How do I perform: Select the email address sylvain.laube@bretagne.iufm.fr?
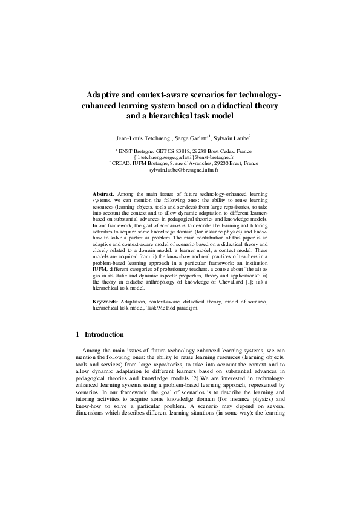(x=180, y=171)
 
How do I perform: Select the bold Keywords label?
(x=105, y=300)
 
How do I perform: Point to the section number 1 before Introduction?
(x=77, y=335)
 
